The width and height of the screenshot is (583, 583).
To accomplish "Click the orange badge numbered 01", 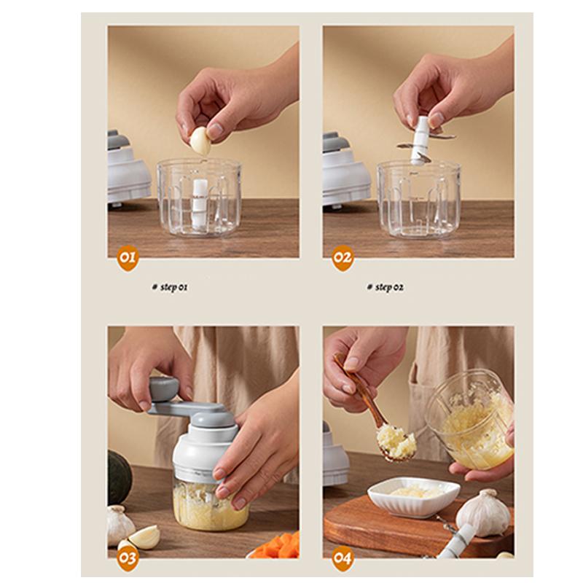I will point(128,258).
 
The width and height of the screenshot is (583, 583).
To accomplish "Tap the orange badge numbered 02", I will point(343,258).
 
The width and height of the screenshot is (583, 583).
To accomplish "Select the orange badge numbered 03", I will point(128,558).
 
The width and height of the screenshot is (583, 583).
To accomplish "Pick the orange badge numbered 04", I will point(343,558).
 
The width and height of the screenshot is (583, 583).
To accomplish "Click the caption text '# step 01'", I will point(170,287).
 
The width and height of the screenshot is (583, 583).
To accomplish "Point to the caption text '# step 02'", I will point(385,287).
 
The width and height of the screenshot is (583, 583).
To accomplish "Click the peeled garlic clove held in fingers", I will point(200,141).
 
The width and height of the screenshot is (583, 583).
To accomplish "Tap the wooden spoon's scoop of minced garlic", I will point(396,442).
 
